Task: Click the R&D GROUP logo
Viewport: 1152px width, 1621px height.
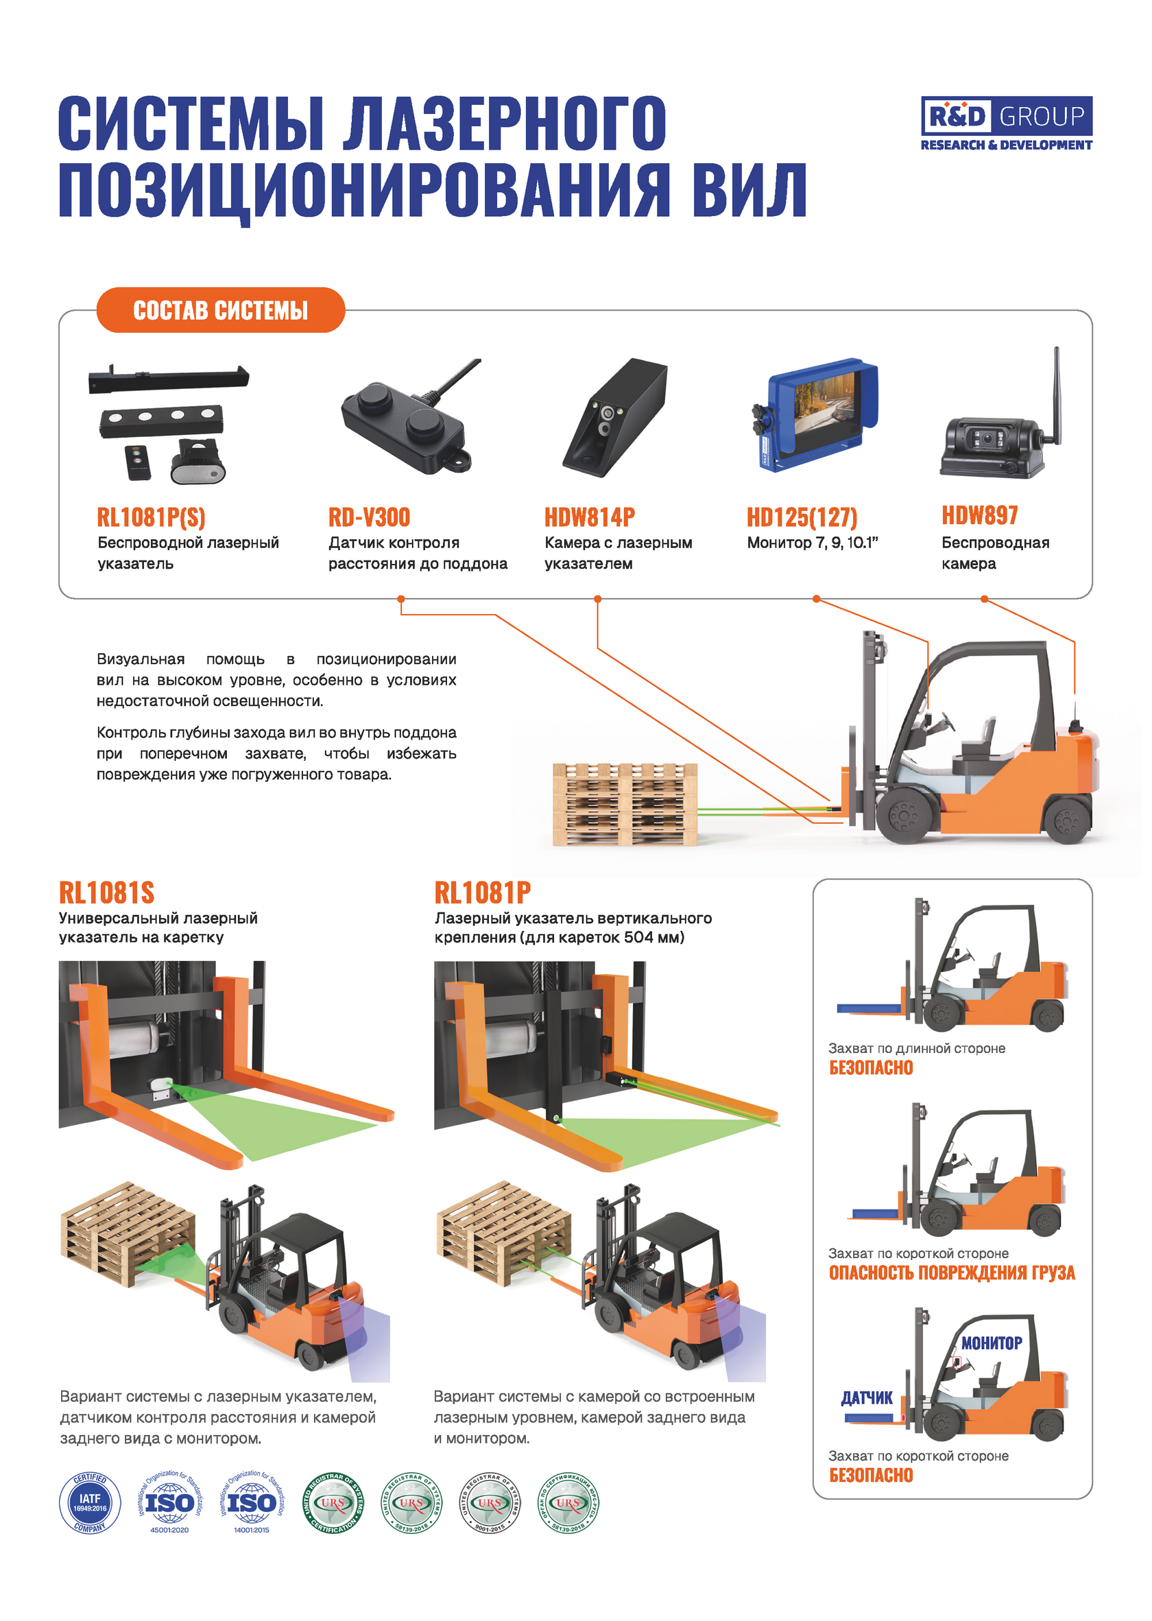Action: (x=1006, y=123)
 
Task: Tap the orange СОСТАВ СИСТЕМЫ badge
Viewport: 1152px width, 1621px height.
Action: (x=221, y=310)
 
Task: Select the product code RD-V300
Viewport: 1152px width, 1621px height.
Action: (x=369, y=517)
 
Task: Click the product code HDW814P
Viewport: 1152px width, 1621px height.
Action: (x=590, y=517)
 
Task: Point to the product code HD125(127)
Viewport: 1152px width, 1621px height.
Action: (x=802, y=517)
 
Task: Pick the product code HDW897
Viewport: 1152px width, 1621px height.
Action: (x=979, y=515)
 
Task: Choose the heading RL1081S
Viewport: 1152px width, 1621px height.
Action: (x=106, y=893)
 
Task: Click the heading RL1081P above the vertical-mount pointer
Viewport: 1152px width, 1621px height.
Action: (x=482, y=893)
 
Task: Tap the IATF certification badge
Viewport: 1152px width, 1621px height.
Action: (x=90, y=1503)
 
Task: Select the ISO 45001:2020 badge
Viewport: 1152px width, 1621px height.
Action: (x=169, y=1503)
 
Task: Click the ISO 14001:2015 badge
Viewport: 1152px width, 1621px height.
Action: (x=251, y=1503)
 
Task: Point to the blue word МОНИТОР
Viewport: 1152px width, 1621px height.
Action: (x=991, y=1342)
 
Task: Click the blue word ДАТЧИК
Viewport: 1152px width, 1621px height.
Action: (x=867, y=1397)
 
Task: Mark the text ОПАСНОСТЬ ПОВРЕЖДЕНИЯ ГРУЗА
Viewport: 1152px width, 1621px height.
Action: (x=952, y=1273)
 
